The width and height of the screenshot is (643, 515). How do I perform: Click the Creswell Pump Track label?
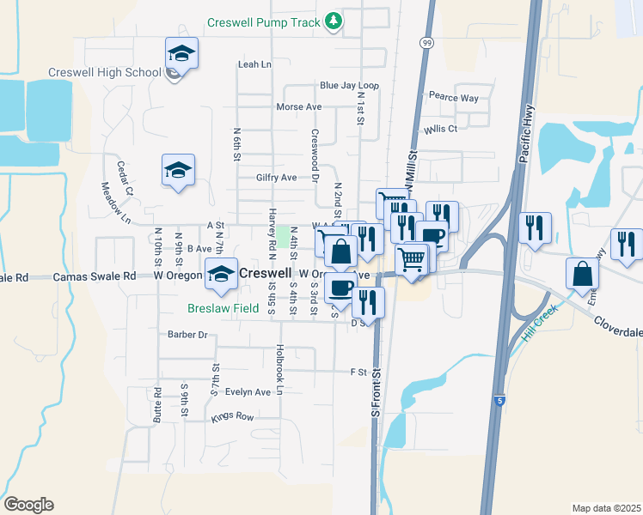click(263, 21)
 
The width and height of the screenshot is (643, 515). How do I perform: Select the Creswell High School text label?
click(105, 72)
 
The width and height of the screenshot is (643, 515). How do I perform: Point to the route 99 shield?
click(427, 43)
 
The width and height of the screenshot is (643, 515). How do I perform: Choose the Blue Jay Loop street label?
click(349, 86)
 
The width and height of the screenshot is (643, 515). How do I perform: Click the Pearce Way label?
click(454, 98)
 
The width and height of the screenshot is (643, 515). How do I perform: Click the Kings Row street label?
click(233, 417)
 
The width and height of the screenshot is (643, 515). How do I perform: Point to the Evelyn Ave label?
click(248, 392)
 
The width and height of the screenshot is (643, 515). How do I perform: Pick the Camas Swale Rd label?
click(95, 277)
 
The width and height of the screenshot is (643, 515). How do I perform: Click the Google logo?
click(28, 505)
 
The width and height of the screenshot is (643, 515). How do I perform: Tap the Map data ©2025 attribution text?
click(605, 508)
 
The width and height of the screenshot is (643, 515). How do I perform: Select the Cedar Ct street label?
click(123, 174)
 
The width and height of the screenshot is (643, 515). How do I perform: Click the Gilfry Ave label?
click(276, 178)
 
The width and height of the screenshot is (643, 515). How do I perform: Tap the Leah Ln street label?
click(254, 64)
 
